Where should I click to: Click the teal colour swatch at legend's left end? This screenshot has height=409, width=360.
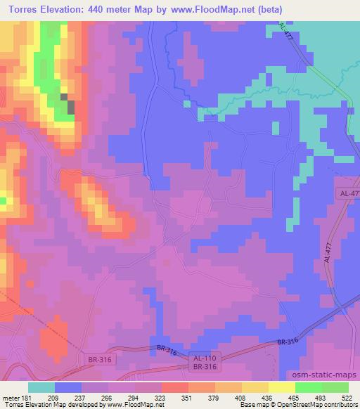coord(41,387)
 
